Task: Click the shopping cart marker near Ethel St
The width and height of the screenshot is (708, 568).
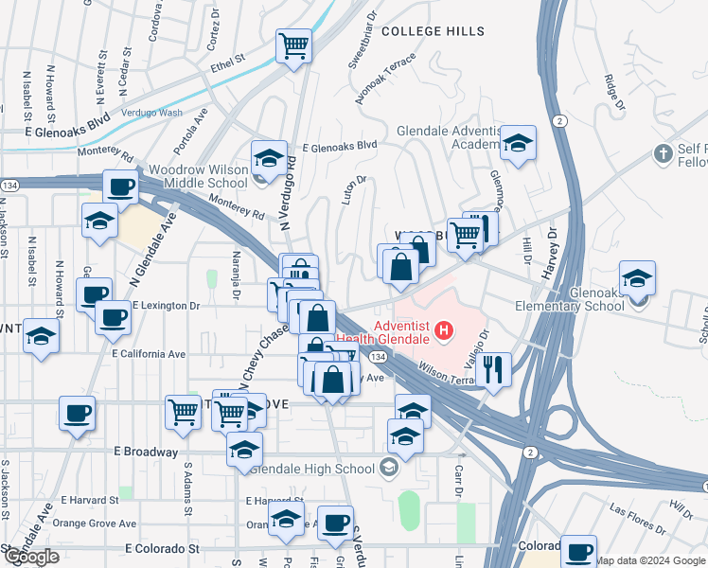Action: [294, 44]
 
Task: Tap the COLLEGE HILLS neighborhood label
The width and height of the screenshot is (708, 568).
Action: [434, 31]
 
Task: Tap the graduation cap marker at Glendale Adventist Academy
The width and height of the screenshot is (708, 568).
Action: [518, 143]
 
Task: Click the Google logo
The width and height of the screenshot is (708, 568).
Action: [31, 557]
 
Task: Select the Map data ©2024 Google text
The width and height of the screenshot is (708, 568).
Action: [650, 560]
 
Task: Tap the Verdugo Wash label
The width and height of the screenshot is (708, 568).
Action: [150, 113]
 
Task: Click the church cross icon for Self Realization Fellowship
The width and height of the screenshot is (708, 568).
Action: [664, 152]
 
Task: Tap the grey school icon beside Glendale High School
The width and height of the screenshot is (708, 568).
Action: [387, 467]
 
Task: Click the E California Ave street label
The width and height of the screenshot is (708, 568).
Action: [149, 353]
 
